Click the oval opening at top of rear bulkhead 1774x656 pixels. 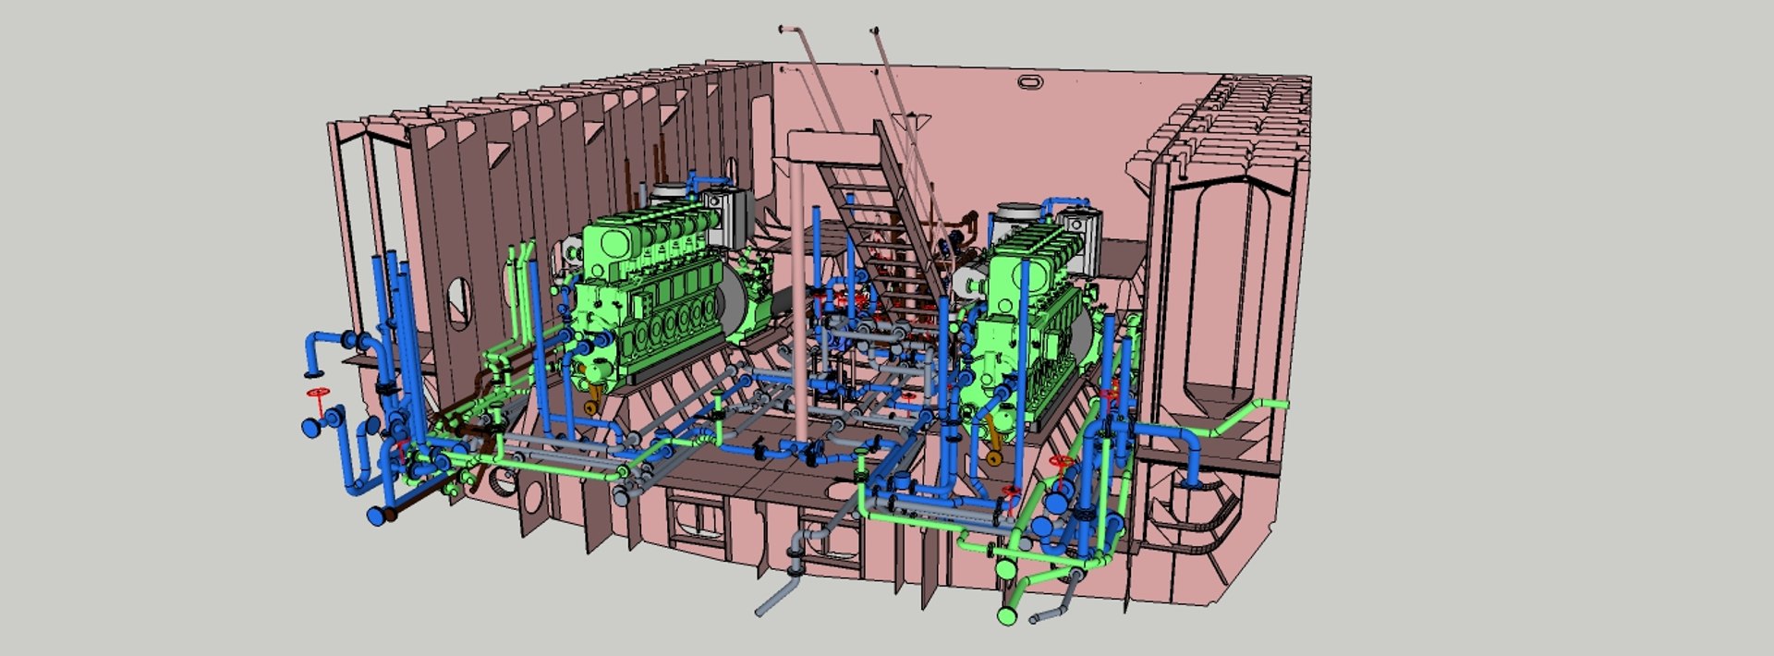(x=1029, y=82)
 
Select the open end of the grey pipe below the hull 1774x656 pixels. (x=760, y=610)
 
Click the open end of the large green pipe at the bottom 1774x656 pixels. (x=1007, y=613)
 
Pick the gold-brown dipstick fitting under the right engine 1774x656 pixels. (x=993, y=456)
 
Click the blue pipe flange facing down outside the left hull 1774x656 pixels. (x=311, y=374)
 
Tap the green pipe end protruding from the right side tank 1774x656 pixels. (x=1279, y=404)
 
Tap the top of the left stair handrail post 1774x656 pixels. (x=784, y=30)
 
